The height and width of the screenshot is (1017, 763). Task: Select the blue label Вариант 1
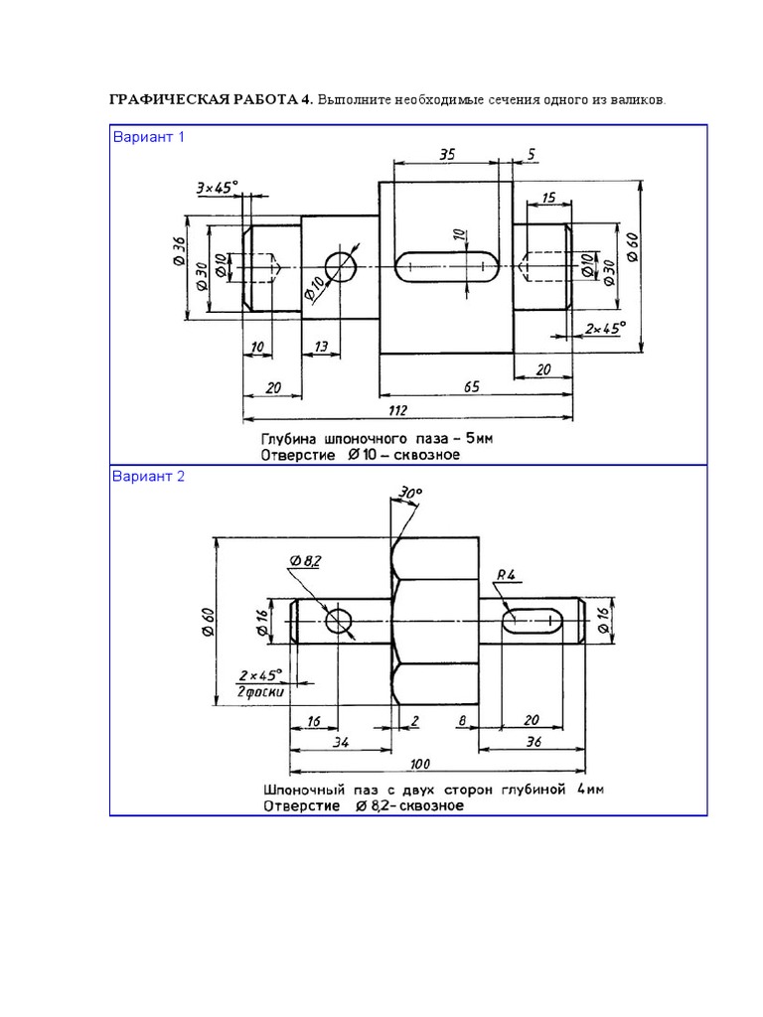coord(148,137)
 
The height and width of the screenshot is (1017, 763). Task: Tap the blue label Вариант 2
coord(148,476)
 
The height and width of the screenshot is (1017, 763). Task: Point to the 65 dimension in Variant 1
coord(472,387)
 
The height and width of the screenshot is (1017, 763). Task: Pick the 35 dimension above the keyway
coord(446,153)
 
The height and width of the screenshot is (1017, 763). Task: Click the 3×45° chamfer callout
coord(217,187)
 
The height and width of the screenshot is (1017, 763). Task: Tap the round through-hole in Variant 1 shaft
coord(341,266)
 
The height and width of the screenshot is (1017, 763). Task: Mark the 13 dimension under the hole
coord(321,346)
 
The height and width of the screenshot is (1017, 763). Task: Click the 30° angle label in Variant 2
coord(409,493)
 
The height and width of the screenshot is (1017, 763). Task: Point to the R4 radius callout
coord(504,574)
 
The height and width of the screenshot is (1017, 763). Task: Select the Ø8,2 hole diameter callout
coord(306,562)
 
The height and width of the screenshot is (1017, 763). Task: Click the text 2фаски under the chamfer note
coord(261,692)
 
